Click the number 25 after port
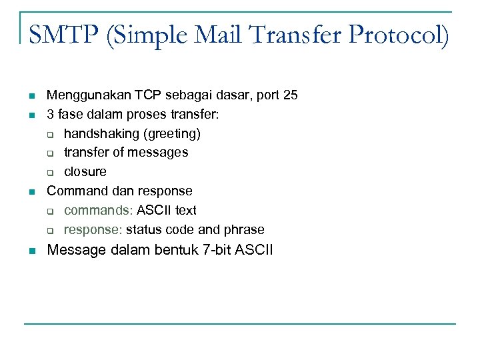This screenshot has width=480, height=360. (x=290, y=95)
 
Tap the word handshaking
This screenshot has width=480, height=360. (x=97, y=134)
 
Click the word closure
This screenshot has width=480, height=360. (x=85, y=172)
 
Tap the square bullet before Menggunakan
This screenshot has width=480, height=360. (x=31, y=96)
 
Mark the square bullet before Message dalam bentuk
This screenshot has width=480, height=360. (x=31, y=251)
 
